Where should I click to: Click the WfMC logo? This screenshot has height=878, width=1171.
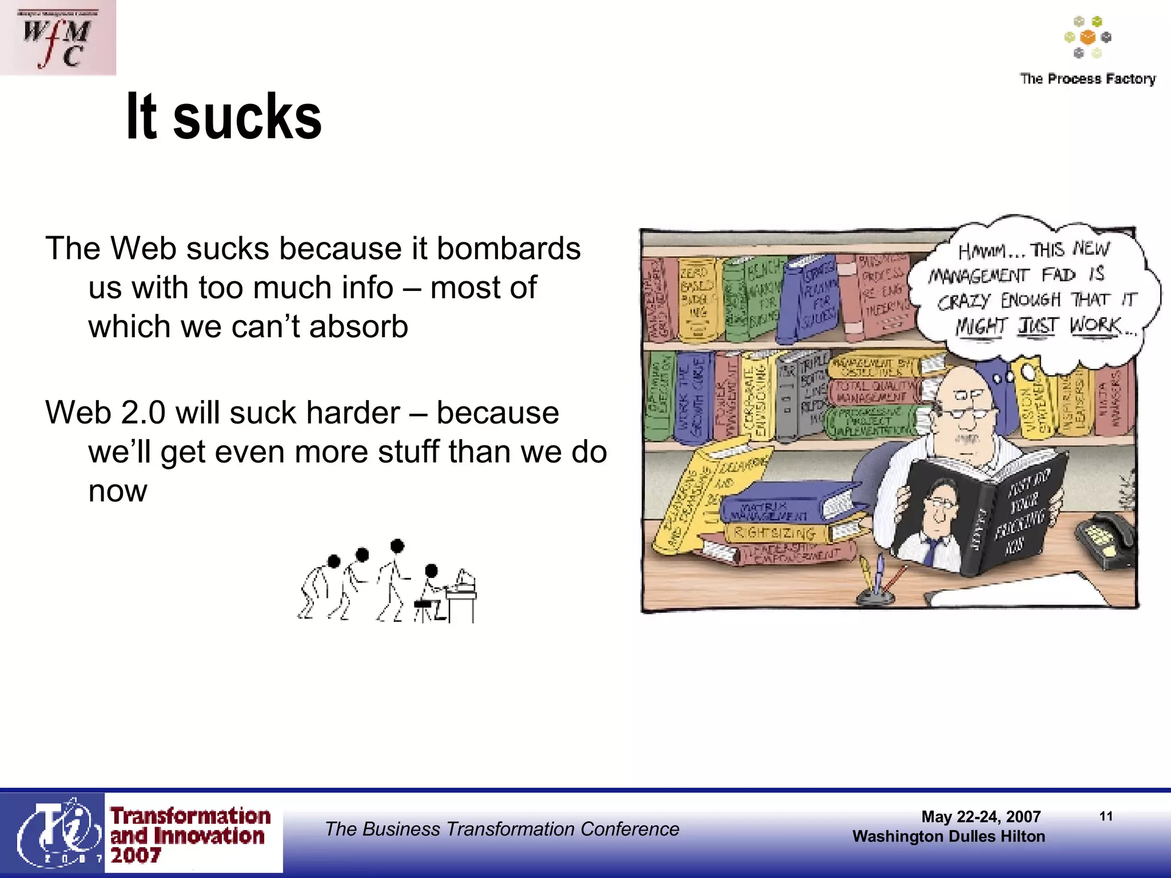[x=57, y=38]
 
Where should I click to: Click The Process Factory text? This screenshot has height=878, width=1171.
[x=1087, y=79]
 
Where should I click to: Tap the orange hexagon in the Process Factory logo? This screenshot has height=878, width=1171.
[x=1088, y=37]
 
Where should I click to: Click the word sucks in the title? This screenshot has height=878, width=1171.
[x=247, y=117]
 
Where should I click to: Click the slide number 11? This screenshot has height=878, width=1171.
[x=1106, y=816]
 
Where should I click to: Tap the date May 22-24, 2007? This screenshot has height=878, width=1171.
[x=981, y=816]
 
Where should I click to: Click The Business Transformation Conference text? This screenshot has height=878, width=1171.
[x=502, y=829]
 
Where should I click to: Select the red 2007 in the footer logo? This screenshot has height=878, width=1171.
[x=136, y=855]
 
